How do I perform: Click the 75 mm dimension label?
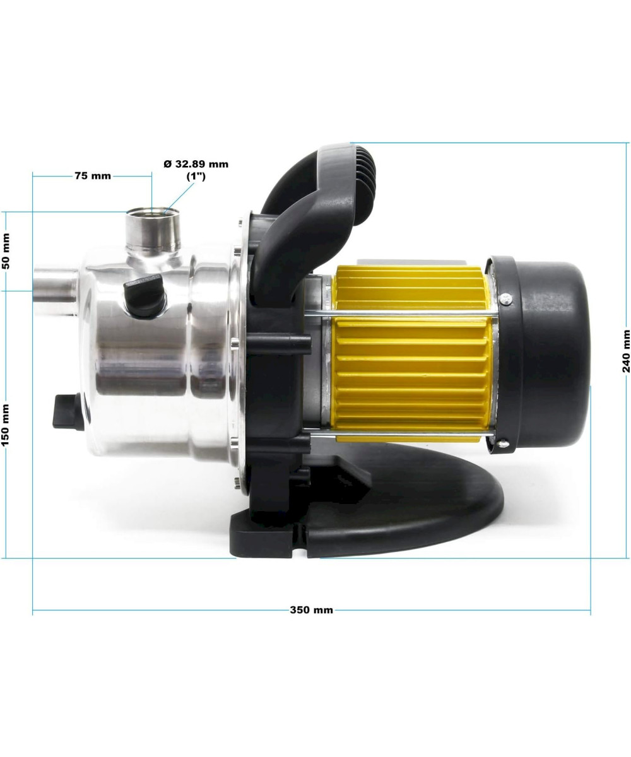93,176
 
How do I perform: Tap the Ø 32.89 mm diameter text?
196,164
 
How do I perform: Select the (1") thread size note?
196,177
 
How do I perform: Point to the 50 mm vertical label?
6,251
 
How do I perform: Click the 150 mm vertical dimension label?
6,426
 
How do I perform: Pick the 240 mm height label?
627,351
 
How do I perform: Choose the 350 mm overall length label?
311,610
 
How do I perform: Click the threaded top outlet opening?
153,212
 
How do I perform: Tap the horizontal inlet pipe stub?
56,286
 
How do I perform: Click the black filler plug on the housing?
144,296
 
